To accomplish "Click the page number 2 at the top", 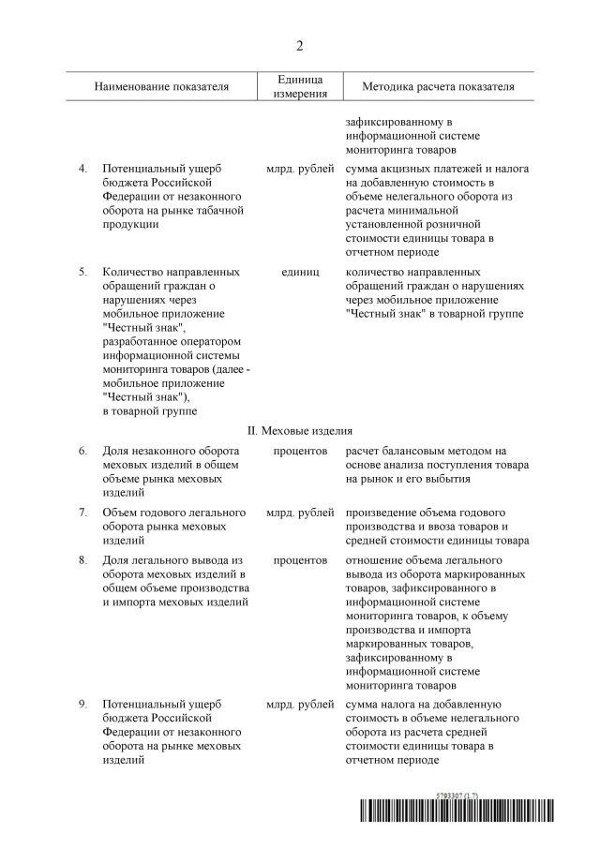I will pos(300,46).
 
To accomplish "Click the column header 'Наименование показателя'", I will pos(161,87).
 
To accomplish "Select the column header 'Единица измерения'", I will pos(300,87).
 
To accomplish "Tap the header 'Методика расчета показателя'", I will pos(439,87).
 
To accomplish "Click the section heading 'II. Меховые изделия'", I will pos(300,431).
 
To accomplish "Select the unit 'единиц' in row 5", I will pos(300,272).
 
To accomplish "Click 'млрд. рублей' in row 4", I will pos(300,168).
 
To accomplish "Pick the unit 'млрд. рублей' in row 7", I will pos(300,513).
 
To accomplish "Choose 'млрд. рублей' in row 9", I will pos(300,703).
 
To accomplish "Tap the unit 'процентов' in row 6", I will pos(300,451).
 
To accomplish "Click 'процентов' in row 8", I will pos(300,560).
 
